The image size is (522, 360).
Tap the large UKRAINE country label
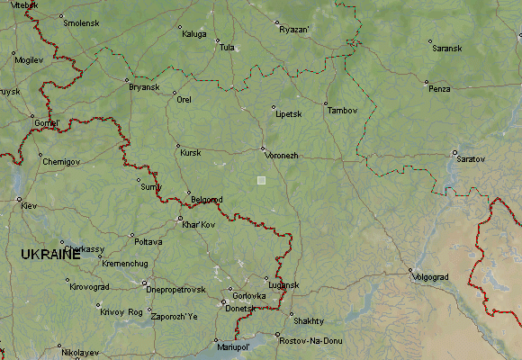(50, 256)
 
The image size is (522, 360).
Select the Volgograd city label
(429, 277)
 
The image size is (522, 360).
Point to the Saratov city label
(471, 159)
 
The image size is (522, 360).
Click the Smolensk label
(81, 22)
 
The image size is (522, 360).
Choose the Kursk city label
(190, 153)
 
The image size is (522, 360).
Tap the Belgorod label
(207, 201)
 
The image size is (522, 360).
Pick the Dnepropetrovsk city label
(175, 289)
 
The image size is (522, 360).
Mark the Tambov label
(342, 111)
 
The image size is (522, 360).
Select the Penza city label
(439, 89)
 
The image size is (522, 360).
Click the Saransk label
(446, 48)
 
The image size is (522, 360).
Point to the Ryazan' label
(294, 30)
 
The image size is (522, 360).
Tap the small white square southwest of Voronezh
(262, 180)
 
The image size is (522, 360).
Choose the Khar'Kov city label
(199, 224)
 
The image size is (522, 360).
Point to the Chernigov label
(60, 161)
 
